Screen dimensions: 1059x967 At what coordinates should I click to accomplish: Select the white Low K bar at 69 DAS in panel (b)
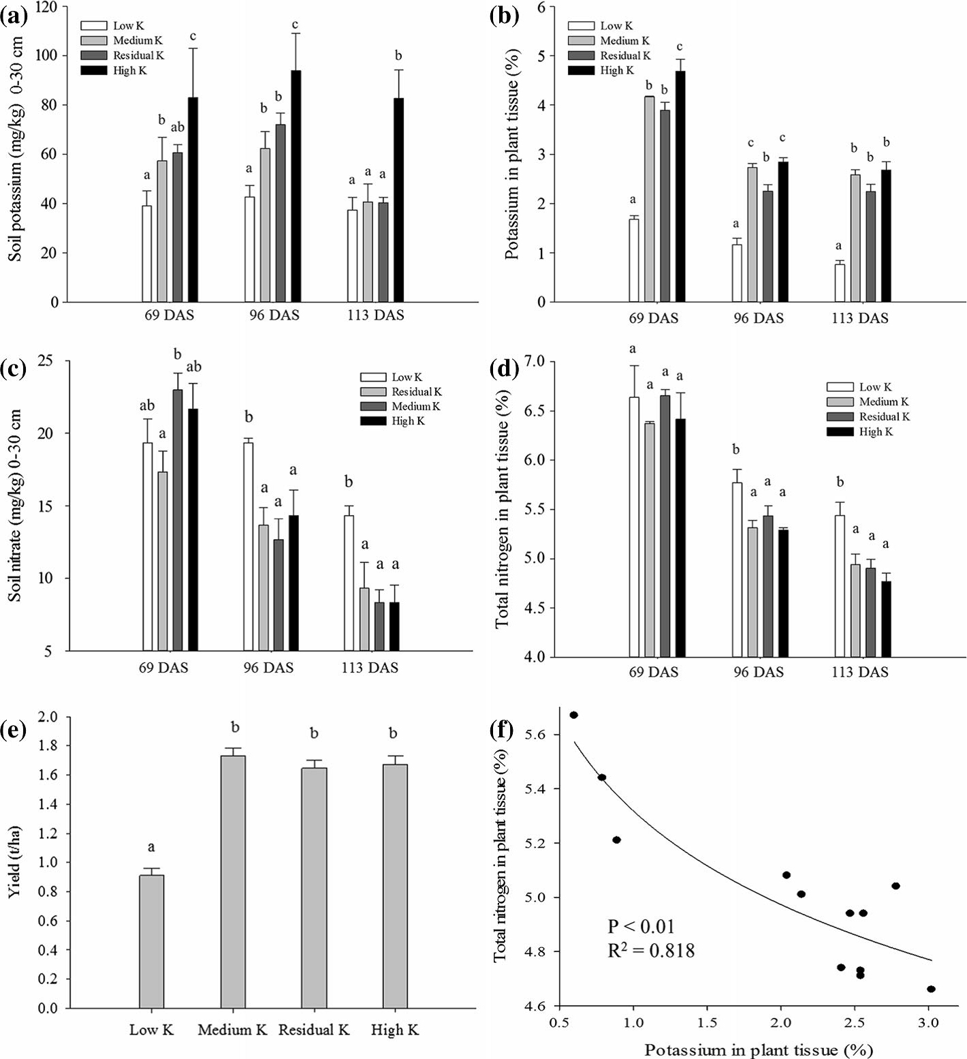tap(634, 260)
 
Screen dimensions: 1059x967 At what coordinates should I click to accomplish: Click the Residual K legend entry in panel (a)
tap(138, 55)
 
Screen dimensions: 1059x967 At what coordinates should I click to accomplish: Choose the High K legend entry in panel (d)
tap(876, 431)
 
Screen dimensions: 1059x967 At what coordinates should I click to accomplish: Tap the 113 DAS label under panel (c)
tap(370, 668)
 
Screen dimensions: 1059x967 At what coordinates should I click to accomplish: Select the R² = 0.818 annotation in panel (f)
tap(651, 950)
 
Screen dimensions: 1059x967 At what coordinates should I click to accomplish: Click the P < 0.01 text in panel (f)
tap(641, 927)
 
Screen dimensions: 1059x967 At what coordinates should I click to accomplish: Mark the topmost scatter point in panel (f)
tap(574, 715)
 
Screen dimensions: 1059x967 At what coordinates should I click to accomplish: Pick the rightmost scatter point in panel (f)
tap(931, 989)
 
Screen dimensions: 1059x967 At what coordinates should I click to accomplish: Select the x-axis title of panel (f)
tap(759, 1049)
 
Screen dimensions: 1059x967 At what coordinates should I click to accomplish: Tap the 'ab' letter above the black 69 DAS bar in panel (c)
tap(193, 367)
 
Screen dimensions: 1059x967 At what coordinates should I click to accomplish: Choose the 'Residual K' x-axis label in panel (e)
tap(314, 1030)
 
